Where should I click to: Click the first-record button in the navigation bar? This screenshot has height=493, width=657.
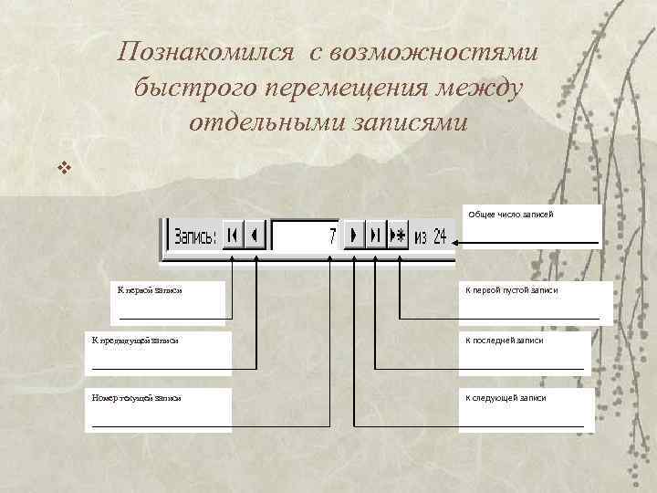click(233, 236)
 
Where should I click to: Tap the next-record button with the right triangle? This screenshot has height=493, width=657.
click(354, 236)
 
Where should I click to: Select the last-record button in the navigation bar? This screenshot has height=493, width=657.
click(375, 236)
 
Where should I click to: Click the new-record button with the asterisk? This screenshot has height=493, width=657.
click(399, 236)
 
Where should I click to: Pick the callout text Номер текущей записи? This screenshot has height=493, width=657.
click(137, 398)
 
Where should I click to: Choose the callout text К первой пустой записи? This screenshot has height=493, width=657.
click(512, 289)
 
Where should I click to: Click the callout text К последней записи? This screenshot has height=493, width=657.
click(505, 340)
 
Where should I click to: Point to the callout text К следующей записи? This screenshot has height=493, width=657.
click(506, 398)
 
